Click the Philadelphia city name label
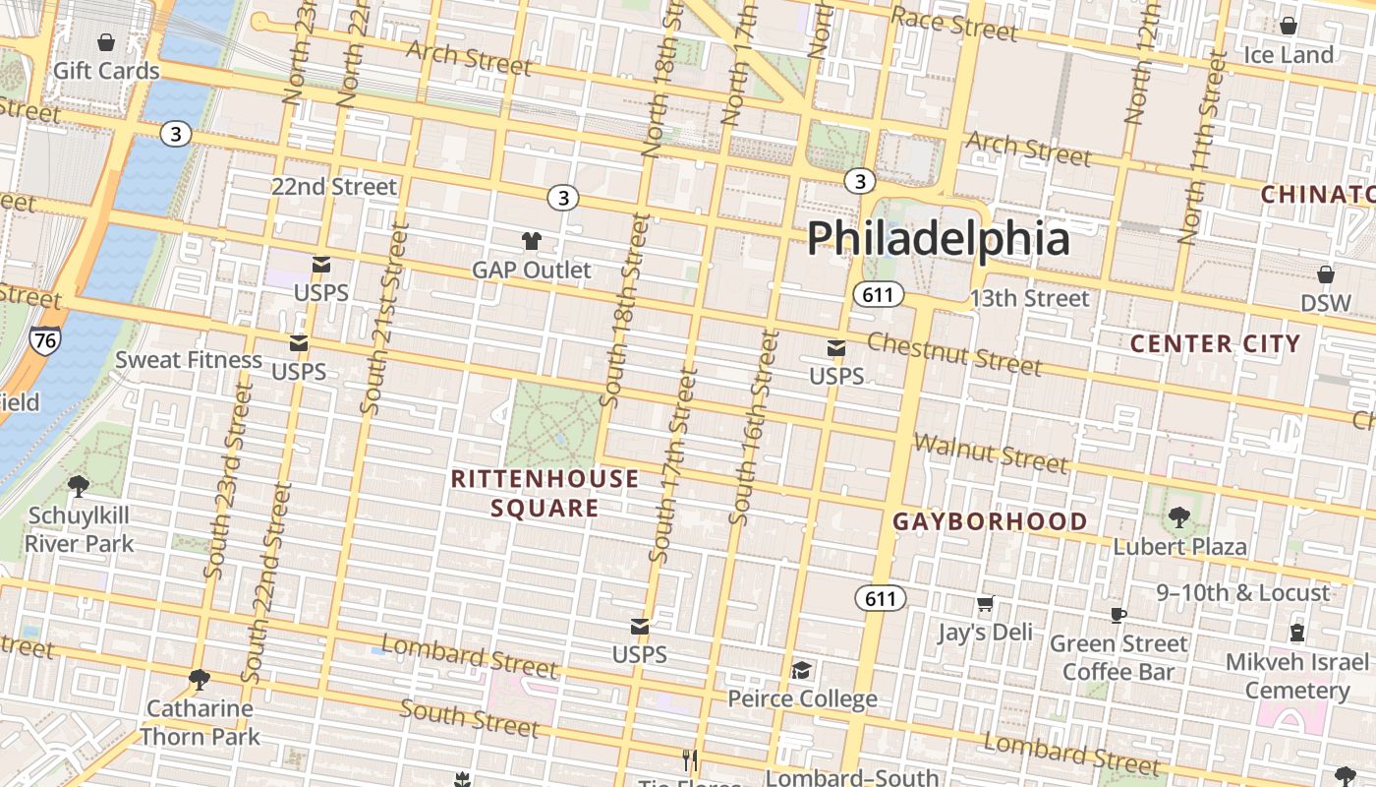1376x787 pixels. pos(938,239)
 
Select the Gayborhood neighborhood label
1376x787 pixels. pos(990,521)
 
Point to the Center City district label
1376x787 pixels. pos(1215,344)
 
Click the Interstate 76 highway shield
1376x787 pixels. pos(44,340)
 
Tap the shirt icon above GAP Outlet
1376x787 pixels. pos(532,241)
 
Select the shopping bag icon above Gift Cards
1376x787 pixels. pos(106,42)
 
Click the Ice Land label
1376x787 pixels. pos(1288,55)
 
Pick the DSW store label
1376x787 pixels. pos(1326,303)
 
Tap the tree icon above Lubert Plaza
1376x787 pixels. pos(1178,516)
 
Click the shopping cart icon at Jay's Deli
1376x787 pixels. pos(985,603)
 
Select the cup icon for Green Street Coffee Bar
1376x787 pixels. pos(1118,615)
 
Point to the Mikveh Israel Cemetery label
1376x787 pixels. pos(1296,676)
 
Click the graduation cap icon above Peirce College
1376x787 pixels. pos(802,670)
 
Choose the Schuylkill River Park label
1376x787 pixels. pos(79,529)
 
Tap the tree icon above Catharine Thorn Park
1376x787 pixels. pos(200,679)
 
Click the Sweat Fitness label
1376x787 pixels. pos(189,360)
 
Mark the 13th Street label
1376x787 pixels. pos(1029,298)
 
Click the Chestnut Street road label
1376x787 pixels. pos(953,354)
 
